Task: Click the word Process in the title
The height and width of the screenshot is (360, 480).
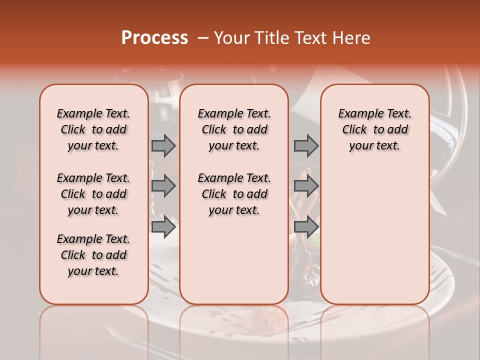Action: point(154,38)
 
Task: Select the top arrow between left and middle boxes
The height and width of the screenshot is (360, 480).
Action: point(163,146)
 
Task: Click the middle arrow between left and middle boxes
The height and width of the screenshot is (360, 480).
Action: point(163,186)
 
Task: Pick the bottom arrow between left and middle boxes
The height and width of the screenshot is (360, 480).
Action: point(163,226)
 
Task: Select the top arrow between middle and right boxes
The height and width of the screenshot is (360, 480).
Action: point(306,146)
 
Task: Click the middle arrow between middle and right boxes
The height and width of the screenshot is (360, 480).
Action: point(306,186)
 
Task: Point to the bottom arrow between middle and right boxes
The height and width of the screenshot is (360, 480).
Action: point(306,226)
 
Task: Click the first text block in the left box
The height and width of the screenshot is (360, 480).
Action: point(93,129)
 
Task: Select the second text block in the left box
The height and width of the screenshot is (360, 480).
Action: point(93,194)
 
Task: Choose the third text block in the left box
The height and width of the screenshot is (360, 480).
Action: point(93,255)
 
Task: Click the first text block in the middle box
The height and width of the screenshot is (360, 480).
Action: point(234,129)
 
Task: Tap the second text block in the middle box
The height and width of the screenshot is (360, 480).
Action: point(234,194)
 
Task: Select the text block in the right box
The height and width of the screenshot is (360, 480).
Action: point(374,129)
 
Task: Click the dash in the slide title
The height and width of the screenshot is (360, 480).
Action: point(203,38)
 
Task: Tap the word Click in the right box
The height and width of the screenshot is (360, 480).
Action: point(354,130)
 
